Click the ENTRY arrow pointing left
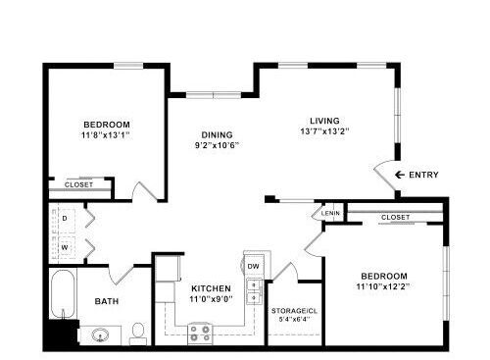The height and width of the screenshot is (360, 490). [400, 175]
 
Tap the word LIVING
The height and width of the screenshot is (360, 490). [324, 121]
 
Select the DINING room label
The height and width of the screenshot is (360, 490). [217, 134]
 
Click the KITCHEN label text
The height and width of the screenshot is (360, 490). [211, 288]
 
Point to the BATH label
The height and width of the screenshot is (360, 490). [107, 301]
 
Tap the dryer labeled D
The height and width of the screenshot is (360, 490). [65, 218]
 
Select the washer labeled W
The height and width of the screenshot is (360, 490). [65, 247]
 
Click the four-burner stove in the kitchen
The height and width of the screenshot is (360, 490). [200, 334]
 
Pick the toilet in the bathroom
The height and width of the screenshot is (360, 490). [138, 334]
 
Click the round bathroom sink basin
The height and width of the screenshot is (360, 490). [100, 335]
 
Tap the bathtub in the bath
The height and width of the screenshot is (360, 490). [63, 293]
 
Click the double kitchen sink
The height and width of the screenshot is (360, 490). [254, 291]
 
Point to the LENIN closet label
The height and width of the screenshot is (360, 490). [330, 214]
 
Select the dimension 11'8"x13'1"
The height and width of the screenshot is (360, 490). [106, 134]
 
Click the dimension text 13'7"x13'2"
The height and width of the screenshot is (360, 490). [324, 131]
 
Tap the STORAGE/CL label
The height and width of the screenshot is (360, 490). [294, 311]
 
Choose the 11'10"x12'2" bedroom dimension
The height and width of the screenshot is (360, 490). [383, 286]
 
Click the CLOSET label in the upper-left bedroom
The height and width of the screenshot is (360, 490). [78, 184]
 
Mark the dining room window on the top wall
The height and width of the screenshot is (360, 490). [214, 95]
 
